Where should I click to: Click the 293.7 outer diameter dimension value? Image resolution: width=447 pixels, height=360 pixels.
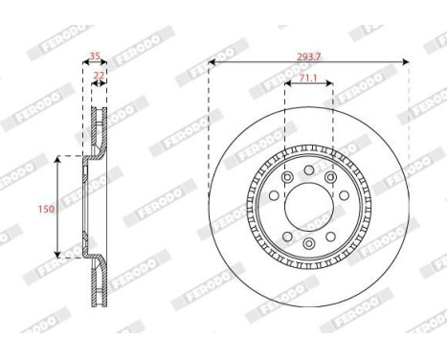coord(308,56)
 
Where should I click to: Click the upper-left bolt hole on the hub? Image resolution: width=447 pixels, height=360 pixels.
coord(286,178)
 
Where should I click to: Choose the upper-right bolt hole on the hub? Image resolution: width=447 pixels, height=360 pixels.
coord(331,178)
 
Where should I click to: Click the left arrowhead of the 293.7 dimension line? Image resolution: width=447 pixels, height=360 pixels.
coord(212,64)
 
